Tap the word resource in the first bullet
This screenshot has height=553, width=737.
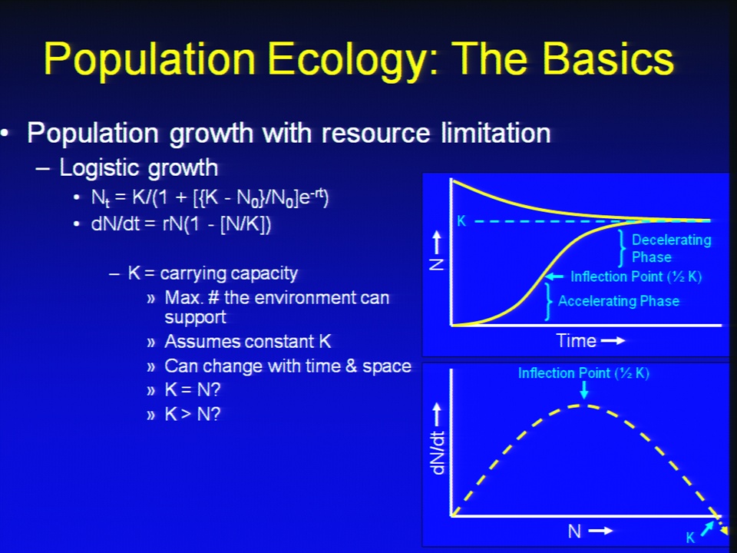tap(375, 133)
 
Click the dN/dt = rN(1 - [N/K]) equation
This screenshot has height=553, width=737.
tap(181, 224)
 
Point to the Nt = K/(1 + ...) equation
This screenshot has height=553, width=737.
tap(210, 197)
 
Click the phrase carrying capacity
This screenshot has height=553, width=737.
tap(229, 273)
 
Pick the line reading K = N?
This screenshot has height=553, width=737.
tap(192, 390)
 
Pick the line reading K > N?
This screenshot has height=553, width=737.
tap(192, 414)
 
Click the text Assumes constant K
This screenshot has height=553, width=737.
tap(248, 341)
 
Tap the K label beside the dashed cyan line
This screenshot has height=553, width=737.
tap(461, 221)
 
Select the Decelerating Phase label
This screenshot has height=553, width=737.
tap(671, 248)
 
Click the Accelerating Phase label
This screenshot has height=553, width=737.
tap(619, 301)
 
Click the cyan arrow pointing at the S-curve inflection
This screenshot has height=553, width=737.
tap(554, 276)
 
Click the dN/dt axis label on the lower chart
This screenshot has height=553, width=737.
tap(438, 452)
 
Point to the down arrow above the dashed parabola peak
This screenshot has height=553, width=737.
tap(583, 390)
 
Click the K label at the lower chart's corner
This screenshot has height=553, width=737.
tap(690, 538)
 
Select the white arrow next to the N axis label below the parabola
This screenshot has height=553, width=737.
tap(600, 531)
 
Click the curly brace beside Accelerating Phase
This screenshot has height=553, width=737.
tap(548, 302)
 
